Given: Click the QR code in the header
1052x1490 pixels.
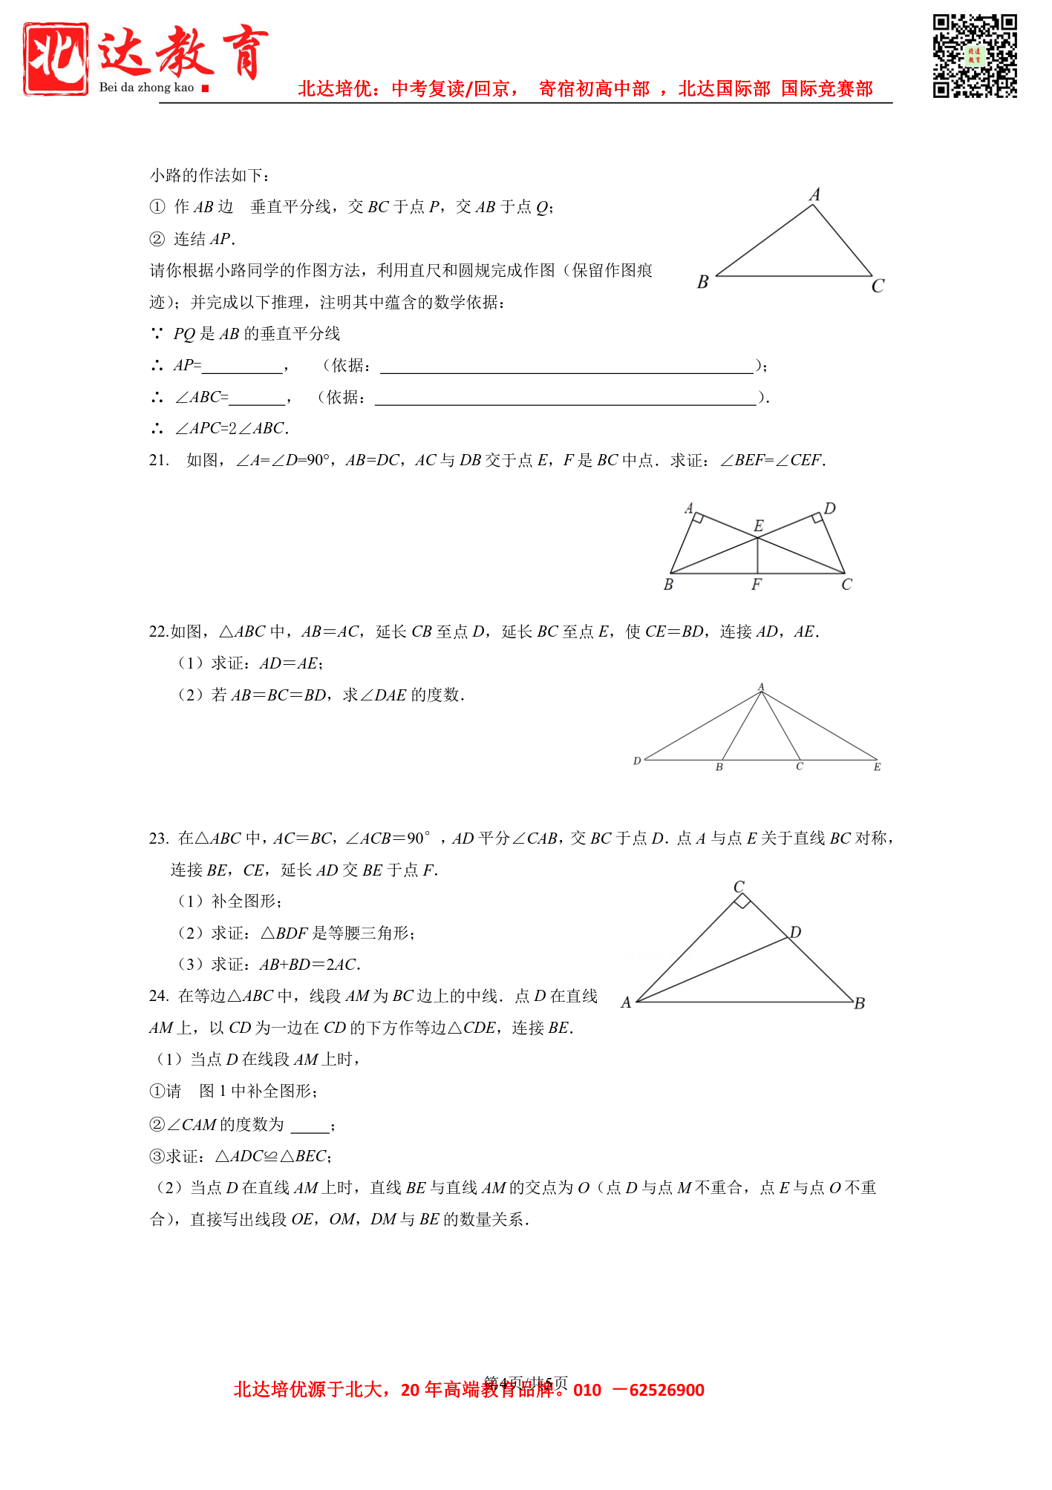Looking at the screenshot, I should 974,56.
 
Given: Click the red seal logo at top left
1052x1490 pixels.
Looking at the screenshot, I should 56,59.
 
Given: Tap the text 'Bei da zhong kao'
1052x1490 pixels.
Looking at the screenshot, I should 146,88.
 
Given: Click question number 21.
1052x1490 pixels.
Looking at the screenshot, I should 159,460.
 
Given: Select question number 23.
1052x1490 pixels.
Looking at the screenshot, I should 159,838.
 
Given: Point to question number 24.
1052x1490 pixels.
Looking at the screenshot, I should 159,996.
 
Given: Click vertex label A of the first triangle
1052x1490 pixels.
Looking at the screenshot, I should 814,194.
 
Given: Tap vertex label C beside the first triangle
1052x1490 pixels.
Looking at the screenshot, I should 878,286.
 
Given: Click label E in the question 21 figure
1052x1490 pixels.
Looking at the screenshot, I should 758,525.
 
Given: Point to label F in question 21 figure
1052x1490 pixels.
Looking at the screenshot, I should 756,585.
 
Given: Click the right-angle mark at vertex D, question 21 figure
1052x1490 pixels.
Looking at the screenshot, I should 817,518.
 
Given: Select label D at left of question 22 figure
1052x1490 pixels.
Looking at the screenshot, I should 637,761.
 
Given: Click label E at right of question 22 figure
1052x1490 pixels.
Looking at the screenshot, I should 877,767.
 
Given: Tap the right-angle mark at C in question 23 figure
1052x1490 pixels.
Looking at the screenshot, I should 742,901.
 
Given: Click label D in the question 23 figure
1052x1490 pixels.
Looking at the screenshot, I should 795,932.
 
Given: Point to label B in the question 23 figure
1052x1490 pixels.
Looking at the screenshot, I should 860,1003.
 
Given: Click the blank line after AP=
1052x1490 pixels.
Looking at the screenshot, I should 242,367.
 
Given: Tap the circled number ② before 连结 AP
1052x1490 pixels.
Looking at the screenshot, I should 157,239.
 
